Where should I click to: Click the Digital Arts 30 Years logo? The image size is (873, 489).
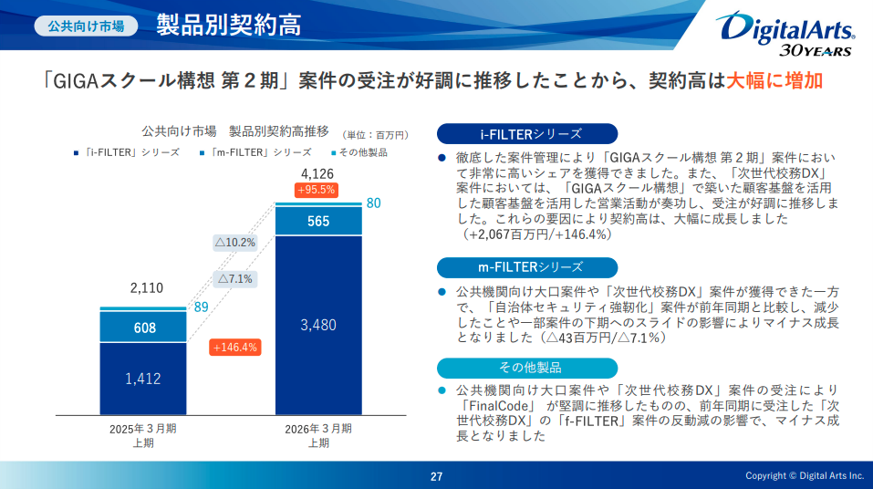(x=786, y=33)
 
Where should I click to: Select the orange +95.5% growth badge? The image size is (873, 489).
(x=317, y=190)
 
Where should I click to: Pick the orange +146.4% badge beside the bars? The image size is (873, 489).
(x=234, y=347)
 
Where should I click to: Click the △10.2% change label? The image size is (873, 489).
(x=234, y=243)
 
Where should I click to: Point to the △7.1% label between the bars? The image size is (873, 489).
(x=234, y=279)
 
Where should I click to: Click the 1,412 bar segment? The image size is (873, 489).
(x=144, y=378)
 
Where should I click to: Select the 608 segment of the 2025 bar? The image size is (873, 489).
(x=144, y=328)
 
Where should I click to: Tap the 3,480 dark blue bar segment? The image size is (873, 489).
(x=318, y=324)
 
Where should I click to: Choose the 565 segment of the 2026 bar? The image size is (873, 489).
(x=318, y=221)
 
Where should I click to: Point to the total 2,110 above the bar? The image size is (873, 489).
(x=146, y=288)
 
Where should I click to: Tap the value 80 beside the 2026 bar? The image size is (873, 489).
(x=373, y=203)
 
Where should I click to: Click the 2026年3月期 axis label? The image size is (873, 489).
(x=318, y=428)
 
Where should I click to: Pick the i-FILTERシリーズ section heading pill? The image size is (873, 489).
(x=527, y=134)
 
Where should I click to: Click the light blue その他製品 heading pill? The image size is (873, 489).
(x=527, y=368)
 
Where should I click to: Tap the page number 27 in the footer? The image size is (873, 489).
(x=437, y=476)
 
